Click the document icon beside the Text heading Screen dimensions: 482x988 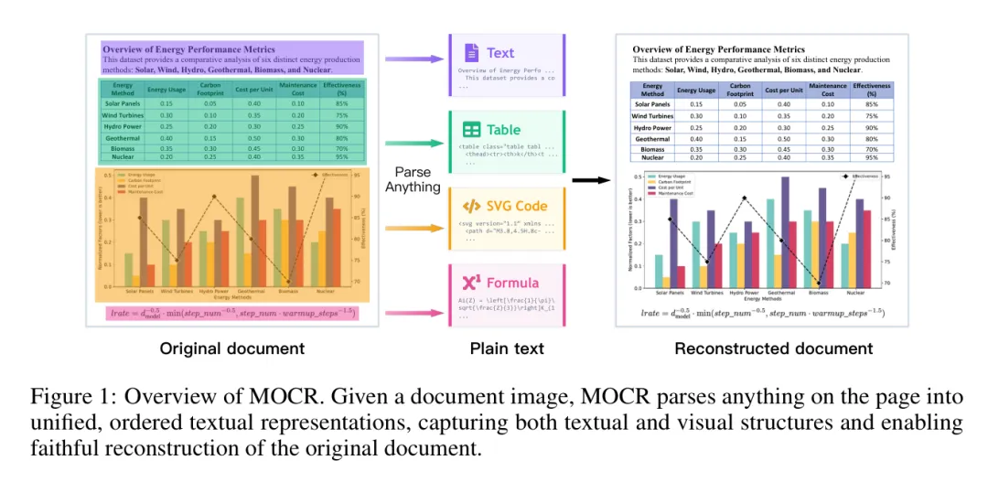471,52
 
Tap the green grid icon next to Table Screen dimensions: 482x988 471,130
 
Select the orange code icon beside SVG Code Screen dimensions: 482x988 471,206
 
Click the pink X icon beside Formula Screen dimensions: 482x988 471,283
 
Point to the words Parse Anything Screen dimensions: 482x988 413,179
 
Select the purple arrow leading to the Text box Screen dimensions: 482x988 413,59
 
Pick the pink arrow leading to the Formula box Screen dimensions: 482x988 413,314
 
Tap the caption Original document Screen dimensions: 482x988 231,348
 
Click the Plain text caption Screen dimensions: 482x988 507,348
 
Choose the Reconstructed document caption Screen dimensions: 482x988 773,348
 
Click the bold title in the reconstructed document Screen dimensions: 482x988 719,49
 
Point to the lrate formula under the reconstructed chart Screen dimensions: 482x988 762,313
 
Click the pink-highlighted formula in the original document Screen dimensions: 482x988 232,314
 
